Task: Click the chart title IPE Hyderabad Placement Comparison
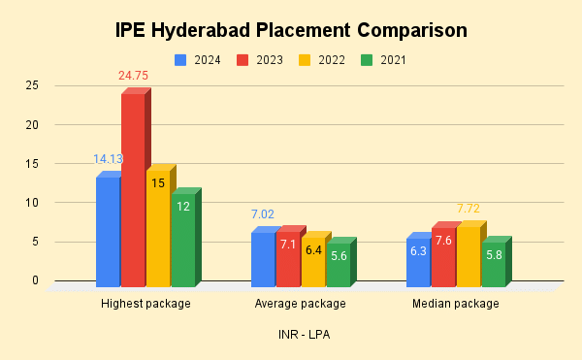[291, 30]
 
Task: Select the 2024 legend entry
[198, 60]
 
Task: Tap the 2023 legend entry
[260, 60]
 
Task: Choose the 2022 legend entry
[321, 60]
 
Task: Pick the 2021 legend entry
[382, 60]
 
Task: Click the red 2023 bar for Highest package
[133, 189]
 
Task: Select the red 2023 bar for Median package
[442, 257]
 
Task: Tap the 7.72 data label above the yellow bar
[469, 208]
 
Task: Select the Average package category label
[300, 304]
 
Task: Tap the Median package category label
[455, 304]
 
